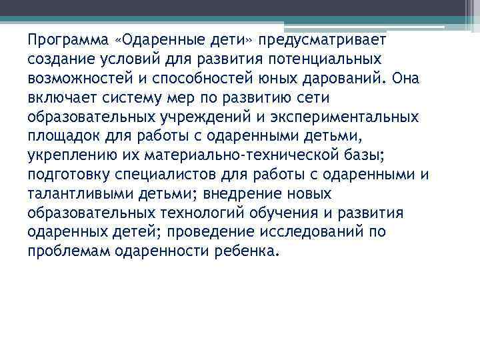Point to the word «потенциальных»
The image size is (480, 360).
click(324, 59)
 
